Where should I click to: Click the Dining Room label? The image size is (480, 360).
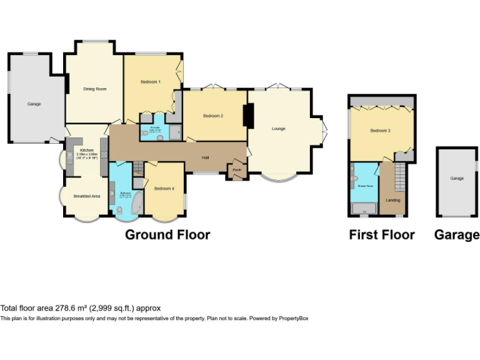pos(95,89)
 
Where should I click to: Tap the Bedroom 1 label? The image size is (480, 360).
pos(150,82)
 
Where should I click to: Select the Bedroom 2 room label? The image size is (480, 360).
pos(213,116)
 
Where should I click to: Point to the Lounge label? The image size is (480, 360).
pos(278,129)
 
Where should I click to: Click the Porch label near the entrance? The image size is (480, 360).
pos(237,169)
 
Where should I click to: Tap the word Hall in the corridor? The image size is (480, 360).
pos(205,157)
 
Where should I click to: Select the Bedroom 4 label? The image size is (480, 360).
pos(164,189)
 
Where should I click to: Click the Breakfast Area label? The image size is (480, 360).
pos(87,196)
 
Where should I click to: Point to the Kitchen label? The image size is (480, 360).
pos(86,150)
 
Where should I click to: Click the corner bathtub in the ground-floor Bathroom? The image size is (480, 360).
pos(136,202)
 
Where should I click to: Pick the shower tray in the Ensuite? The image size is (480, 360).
pos(175,132)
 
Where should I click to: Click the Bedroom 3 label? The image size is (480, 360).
pos(380,131)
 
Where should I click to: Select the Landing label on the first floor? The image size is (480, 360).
pos(393,200)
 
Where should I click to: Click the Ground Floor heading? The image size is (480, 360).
pos(167,235)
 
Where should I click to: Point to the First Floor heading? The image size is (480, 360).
pos(382,235)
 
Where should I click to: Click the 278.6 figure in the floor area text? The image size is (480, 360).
pos(68,308)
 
